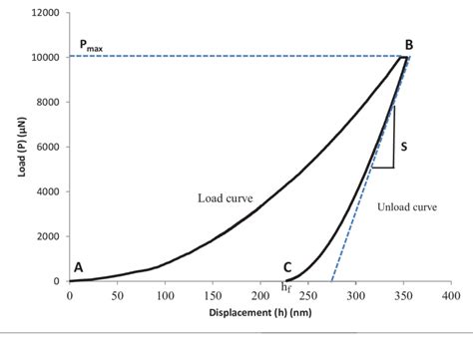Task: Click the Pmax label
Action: (90, 46)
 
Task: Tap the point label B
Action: (409, 45)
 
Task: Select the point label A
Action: (78, 267)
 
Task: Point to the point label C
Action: (287, 267)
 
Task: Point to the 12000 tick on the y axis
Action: (43, 13)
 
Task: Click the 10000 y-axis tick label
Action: (43, 58)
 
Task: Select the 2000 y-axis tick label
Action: (46, 236)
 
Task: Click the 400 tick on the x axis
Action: (451, 296)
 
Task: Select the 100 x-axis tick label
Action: (165, 296)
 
